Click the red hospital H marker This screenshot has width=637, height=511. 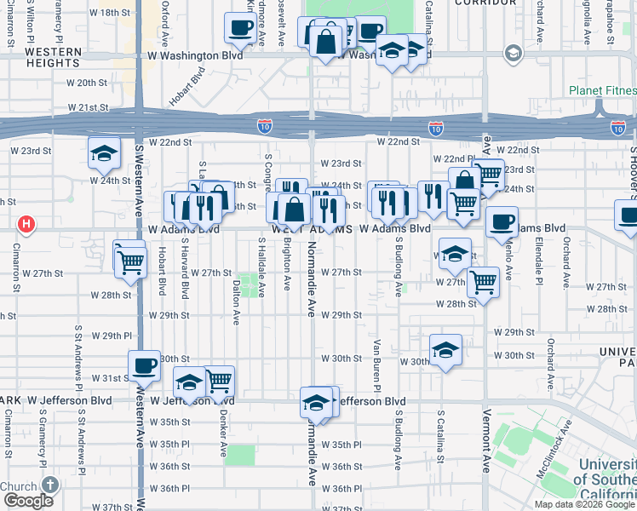click(26, 225)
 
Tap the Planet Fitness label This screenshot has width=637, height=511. click(602, 91)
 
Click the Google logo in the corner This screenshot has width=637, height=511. click(28, 501)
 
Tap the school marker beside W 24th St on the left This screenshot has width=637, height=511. click(104, 154)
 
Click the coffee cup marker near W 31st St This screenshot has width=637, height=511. click(144, 365)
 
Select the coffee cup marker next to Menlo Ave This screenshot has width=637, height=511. click(502, 222)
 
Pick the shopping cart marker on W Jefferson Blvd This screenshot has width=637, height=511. click(219, 381)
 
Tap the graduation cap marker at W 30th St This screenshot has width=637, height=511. click(445, 350)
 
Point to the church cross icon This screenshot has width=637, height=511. click(50, 485)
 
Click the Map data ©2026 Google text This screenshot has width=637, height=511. click(583, 504)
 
